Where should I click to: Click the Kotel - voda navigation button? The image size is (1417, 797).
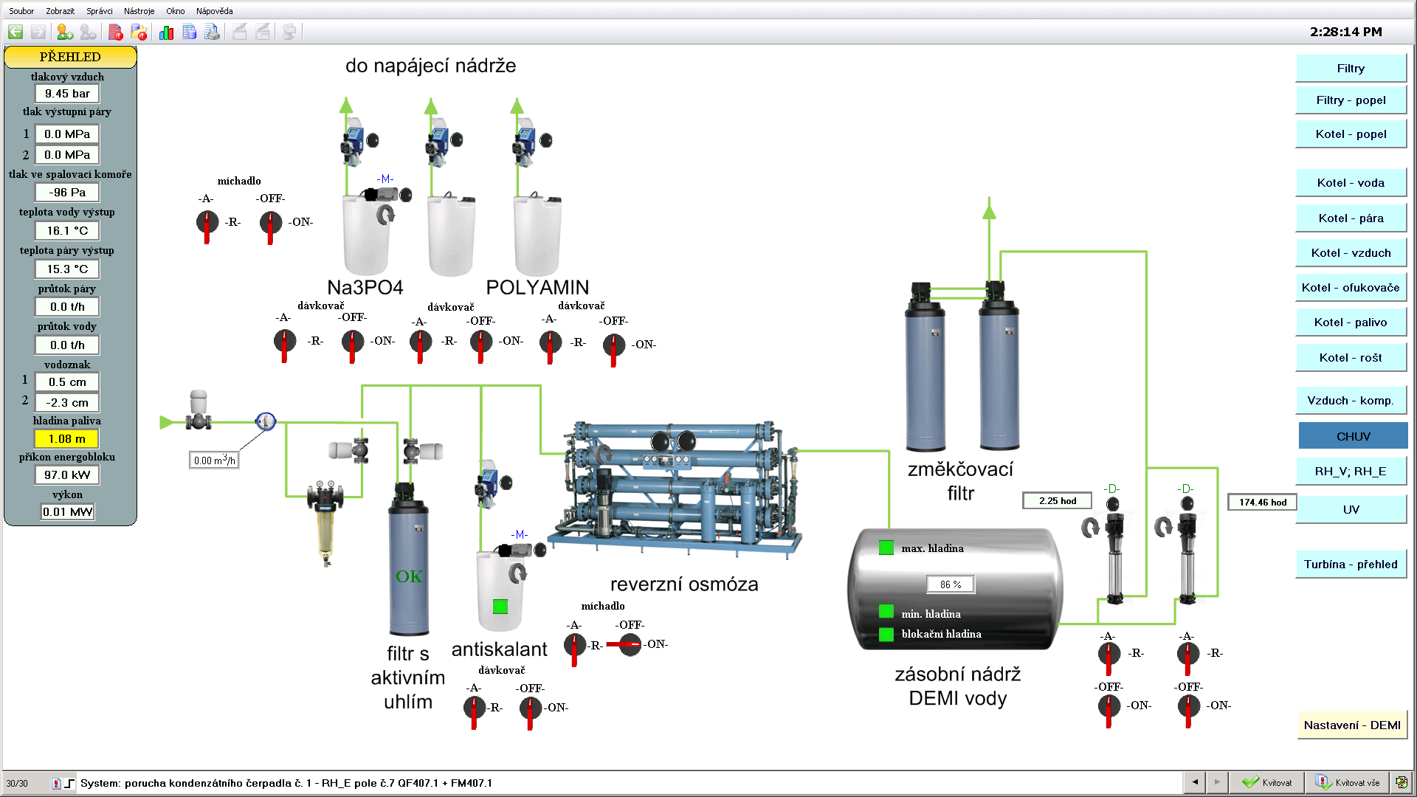[1351, 183]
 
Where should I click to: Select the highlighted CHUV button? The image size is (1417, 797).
[1353, 436]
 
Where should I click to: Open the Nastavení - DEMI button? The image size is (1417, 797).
[1351, 725]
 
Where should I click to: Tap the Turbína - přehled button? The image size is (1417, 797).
[1351, 565]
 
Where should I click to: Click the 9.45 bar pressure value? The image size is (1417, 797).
[67, 94]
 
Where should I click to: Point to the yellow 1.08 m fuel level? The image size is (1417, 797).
[67, 439]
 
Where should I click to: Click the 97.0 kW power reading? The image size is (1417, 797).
[67, 475]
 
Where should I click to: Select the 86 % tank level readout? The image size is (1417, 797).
[951, 584]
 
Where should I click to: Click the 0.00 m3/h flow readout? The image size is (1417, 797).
[214, 460]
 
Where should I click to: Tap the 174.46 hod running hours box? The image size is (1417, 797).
[1262, 503]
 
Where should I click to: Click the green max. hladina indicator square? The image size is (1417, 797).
[886, 548]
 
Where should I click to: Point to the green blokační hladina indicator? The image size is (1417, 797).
[886, 634]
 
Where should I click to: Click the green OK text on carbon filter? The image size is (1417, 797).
[409, 576]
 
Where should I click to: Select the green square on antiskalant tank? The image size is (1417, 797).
[500, 607]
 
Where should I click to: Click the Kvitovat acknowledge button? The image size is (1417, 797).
[1268, 783]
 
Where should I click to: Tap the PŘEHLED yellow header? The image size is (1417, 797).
[70, 57]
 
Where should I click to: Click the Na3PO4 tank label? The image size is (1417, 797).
[365, 288]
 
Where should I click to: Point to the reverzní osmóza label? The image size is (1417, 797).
[684, 584]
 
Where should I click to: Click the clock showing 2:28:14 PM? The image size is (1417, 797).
[1345, 32]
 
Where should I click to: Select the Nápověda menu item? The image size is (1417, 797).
[214, 11]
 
